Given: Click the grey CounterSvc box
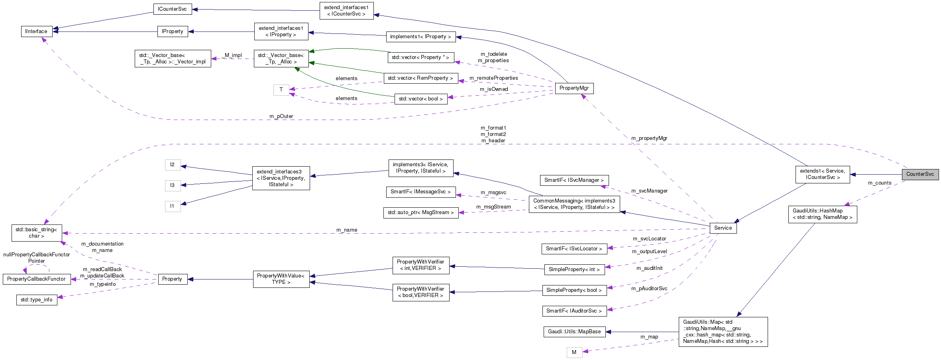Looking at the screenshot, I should (x=920, y=174).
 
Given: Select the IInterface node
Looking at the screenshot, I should (x=36, y=31).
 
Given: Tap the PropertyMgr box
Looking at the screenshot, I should (x=574, y=88).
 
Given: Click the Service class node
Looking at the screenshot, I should (x=723, y=228).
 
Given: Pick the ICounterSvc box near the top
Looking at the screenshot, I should (x=172, y=9).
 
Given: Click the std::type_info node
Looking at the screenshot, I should (x=37, y=300).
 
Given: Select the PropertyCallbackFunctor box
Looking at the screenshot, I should (x=36, y=279).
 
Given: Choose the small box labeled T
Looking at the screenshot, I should (x=281, y=90).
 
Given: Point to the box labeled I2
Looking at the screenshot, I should (x=172, y=165).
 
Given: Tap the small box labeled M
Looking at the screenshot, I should (x=574, y=352).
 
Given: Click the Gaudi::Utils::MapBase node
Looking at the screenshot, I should (x=574, y=332).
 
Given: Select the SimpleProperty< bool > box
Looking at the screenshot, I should (x=574, y=290).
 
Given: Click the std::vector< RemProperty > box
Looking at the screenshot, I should (x=420, y=78).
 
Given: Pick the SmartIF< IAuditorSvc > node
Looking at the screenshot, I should (x=574, y=311).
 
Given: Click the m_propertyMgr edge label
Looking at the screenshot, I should (x=649, y=138).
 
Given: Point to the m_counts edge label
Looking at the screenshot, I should (x=879, y=183).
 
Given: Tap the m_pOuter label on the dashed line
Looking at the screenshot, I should (x=281, y=116).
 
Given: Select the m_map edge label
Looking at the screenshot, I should (x=649, y=337).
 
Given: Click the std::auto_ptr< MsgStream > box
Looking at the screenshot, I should (x=420, y=212).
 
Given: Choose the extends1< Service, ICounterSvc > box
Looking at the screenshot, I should (x=822, y=174).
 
